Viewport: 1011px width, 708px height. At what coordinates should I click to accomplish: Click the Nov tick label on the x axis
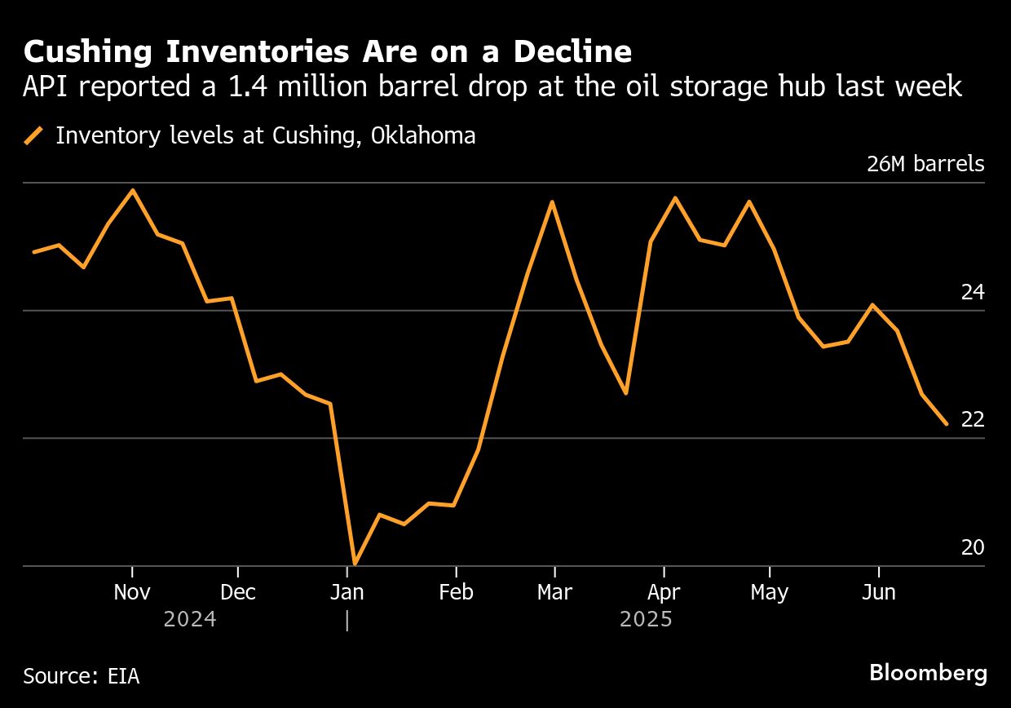point(132,591)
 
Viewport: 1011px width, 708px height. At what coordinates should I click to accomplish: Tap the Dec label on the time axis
point(237,591)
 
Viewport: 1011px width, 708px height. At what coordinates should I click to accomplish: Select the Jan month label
point(347,591)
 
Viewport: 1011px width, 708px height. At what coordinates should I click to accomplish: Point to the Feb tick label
point(456,591)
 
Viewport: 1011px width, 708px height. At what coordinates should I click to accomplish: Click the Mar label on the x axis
point(554,591)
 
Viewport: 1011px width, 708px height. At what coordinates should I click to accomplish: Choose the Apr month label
point(664,591)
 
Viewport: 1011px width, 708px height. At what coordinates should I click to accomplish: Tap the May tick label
point(769,591)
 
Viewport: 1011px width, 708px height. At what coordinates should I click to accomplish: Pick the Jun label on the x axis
point(879,591)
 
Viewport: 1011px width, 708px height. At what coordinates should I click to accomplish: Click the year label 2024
point(190,619)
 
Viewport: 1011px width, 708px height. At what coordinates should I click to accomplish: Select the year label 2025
point(646,619)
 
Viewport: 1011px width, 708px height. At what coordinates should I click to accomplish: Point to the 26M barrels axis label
point(925,164)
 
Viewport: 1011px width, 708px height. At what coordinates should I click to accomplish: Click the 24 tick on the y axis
point(973,291)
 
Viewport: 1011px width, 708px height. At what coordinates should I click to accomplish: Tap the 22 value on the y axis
point(973,419)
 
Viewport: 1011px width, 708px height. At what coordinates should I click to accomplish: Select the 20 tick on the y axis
point(973,547)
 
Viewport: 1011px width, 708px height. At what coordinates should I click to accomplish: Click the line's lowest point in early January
point(355,564)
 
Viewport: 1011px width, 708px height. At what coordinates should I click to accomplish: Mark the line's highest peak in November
point(133,190)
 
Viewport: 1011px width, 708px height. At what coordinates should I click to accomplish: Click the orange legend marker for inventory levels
point(34,135)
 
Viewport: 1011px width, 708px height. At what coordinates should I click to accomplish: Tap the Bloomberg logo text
point(928,673)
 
